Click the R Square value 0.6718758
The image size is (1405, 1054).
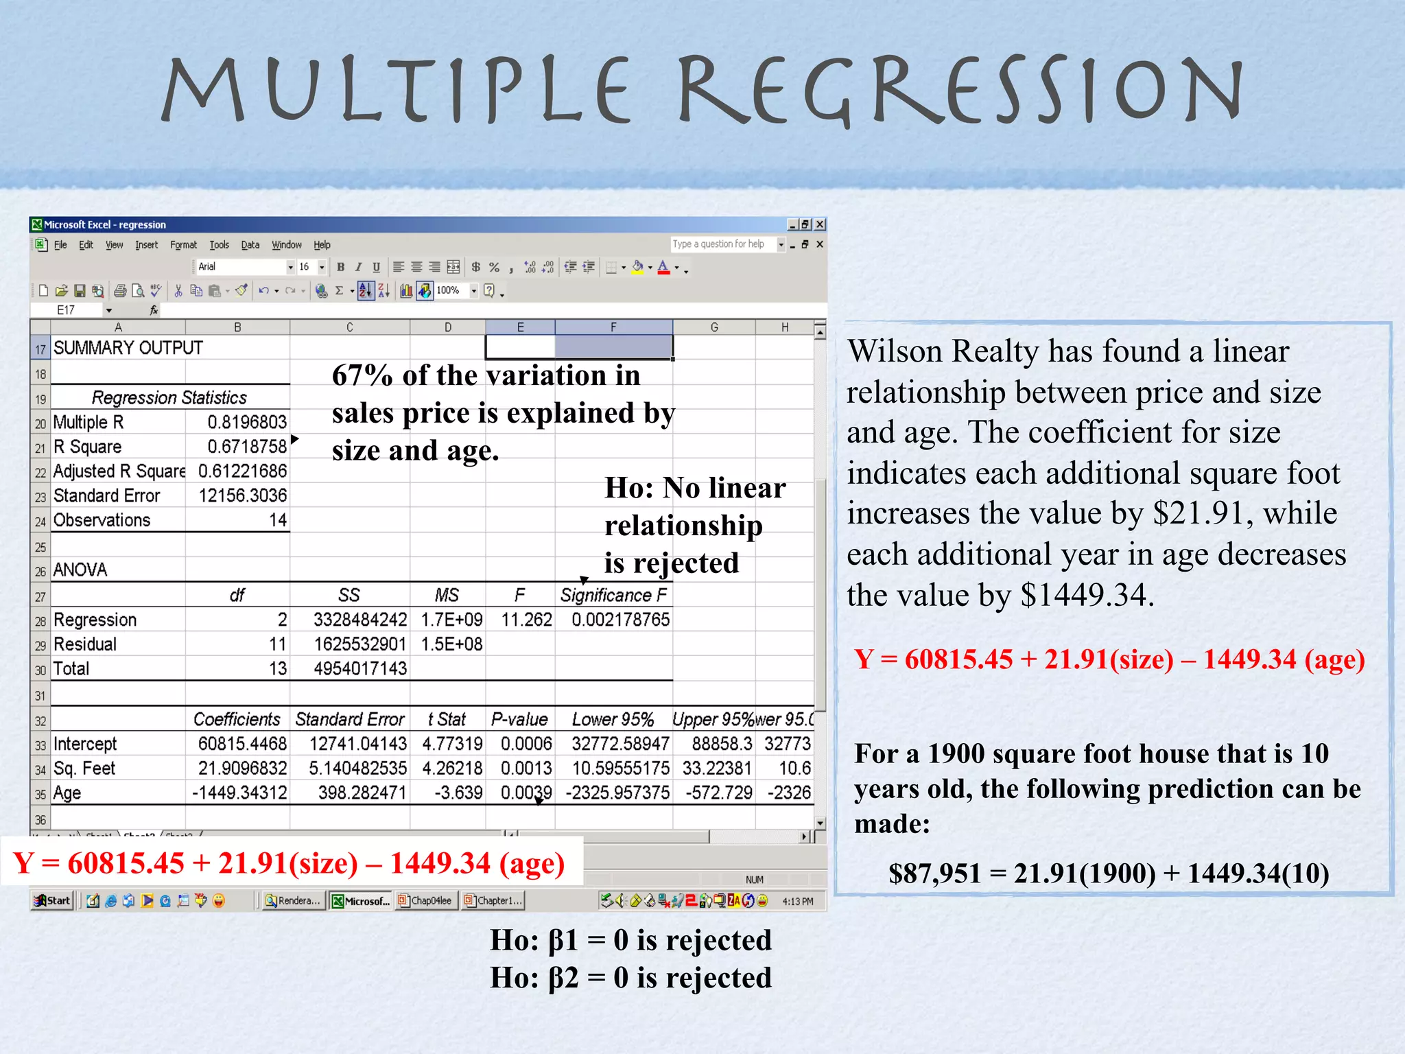click(x=247, y=447)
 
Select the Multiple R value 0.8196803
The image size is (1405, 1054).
click(x=247, y=422)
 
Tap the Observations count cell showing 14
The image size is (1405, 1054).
click(x=278, y=520)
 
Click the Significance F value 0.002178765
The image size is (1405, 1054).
click(x=620, y=620)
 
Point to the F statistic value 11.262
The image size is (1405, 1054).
click(x=526, y=620)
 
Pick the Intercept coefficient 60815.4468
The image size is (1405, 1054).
click(x=242, y=744)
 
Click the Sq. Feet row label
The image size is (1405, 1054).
click(x=84, y=769)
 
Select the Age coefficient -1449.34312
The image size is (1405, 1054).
click(x=239, y=793)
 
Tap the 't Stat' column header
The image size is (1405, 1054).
click(x=447, y=719)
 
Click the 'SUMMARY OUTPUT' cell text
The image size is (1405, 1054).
click(x=128, y=348)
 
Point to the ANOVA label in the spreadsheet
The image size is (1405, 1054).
click(x=80, y=570)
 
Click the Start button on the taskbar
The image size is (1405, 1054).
click(x=53, y=900)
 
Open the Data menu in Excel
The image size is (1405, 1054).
click(x=250, y=245)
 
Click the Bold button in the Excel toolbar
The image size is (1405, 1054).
click(x=340, y=267)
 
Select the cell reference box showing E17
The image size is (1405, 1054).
click(x=67, y=310)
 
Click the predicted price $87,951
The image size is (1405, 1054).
click(x=934, y=874)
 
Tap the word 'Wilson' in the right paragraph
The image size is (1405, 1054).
click(x=895, y=351)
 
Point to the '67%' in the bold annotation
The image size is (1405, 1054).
click(x=362, y=375)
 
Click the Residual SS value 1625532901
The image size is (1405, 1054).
click(x=360, y=644)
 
